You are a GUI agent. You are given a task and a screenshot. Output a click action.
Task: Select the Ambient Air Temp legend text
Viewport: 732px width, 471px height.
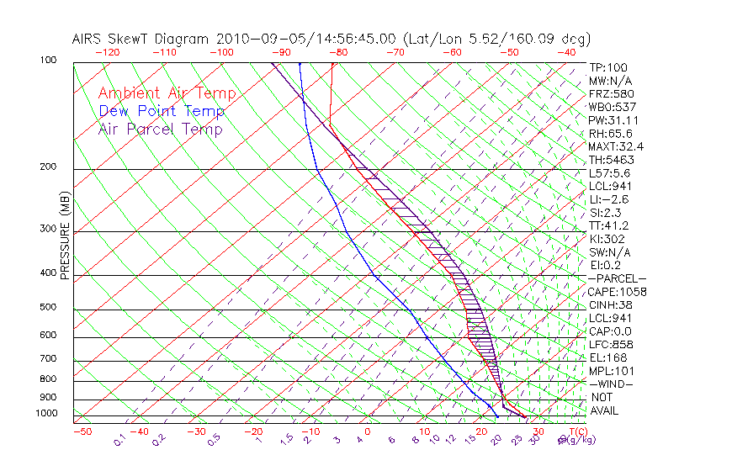coord(167,93)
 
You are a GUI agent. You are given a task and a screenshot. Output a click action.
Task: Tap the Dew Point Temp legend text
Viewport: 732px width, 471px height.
coord(162,111)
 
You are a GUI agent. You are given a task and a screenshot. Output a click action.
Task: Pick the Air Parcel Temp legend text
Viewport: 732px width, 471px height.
coord(161,129)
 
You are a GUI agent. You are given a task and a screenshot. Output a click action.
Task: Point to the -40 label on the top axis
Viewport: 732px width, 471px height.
coord(567,52)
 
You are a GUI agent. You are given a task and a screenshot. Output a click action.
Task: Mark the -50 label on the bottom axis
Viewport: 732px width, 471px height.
coord(82,431)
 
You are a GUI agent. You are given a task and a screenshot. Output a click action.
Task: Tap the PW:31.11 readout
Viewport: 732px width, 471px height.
coord(611,120)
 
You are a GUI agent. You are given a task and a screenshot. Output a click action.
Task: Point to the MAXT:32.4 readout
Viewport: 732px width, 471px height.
coord(616,146)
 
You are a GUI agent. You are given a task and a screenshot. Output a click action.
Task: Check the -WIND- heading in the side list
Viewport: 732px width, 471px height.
coord(612,384)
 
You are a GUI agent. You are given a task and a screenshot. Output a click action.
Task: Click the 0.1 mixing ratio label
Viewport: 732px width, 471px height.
coord(119,439)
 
